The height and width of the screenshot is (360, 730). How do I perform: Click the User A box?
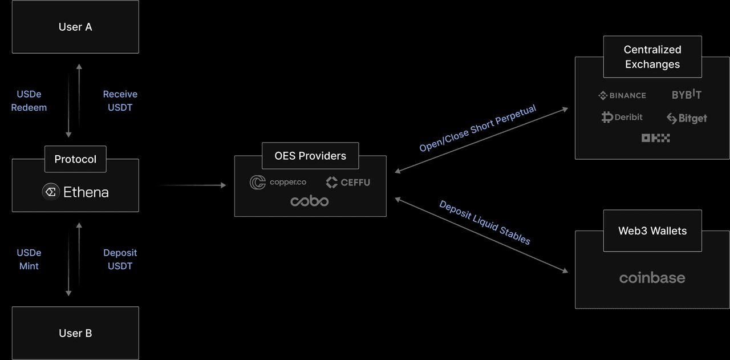click(75, 27)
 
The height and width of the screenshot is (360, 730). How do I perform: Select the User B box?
click(75, 333)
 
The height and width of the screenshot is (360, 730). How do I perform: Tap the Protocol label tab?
click(75, 159)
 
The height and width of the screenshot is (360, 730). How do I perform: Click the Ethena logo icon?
click(51, 192)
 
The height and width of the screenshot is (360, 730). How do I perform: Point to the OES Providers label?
click(310, 156)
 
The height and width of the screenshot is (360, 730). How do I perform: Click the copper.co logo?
click(278, 182)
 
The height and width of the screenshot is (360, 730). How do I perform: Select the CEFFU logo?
click(348, 182)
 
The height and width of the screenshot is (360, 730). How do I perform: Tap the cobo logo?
click(310, 201)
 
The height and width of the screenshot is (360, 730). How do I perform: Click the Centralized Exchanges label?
click(652, 57)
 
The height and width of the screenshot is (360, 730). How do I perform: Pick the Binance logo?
click(622, 95)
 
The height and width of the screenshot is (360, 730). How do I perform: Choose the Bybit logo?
click(686, 95)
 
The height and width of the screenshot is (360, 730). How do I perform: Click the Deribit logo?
click(622, 117)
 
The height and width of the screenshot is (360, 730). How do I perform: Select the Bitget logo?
click(687, 118)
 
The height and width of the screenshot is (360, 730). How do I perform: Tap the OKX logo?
click(655, 138)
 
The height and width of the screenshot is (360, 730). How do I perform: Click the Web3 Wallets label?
click(652, 231)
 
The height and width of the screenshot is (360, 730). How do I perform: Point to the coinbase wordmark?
click(652, 278)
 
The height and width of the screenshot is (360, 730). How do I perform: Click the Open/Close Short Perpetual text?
click(478, 128)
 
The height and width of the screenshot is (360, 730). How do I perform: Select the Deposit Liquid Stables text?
click(485, 223)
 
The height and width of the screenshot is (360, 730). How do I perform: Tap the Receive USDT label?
click(120, 100)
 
